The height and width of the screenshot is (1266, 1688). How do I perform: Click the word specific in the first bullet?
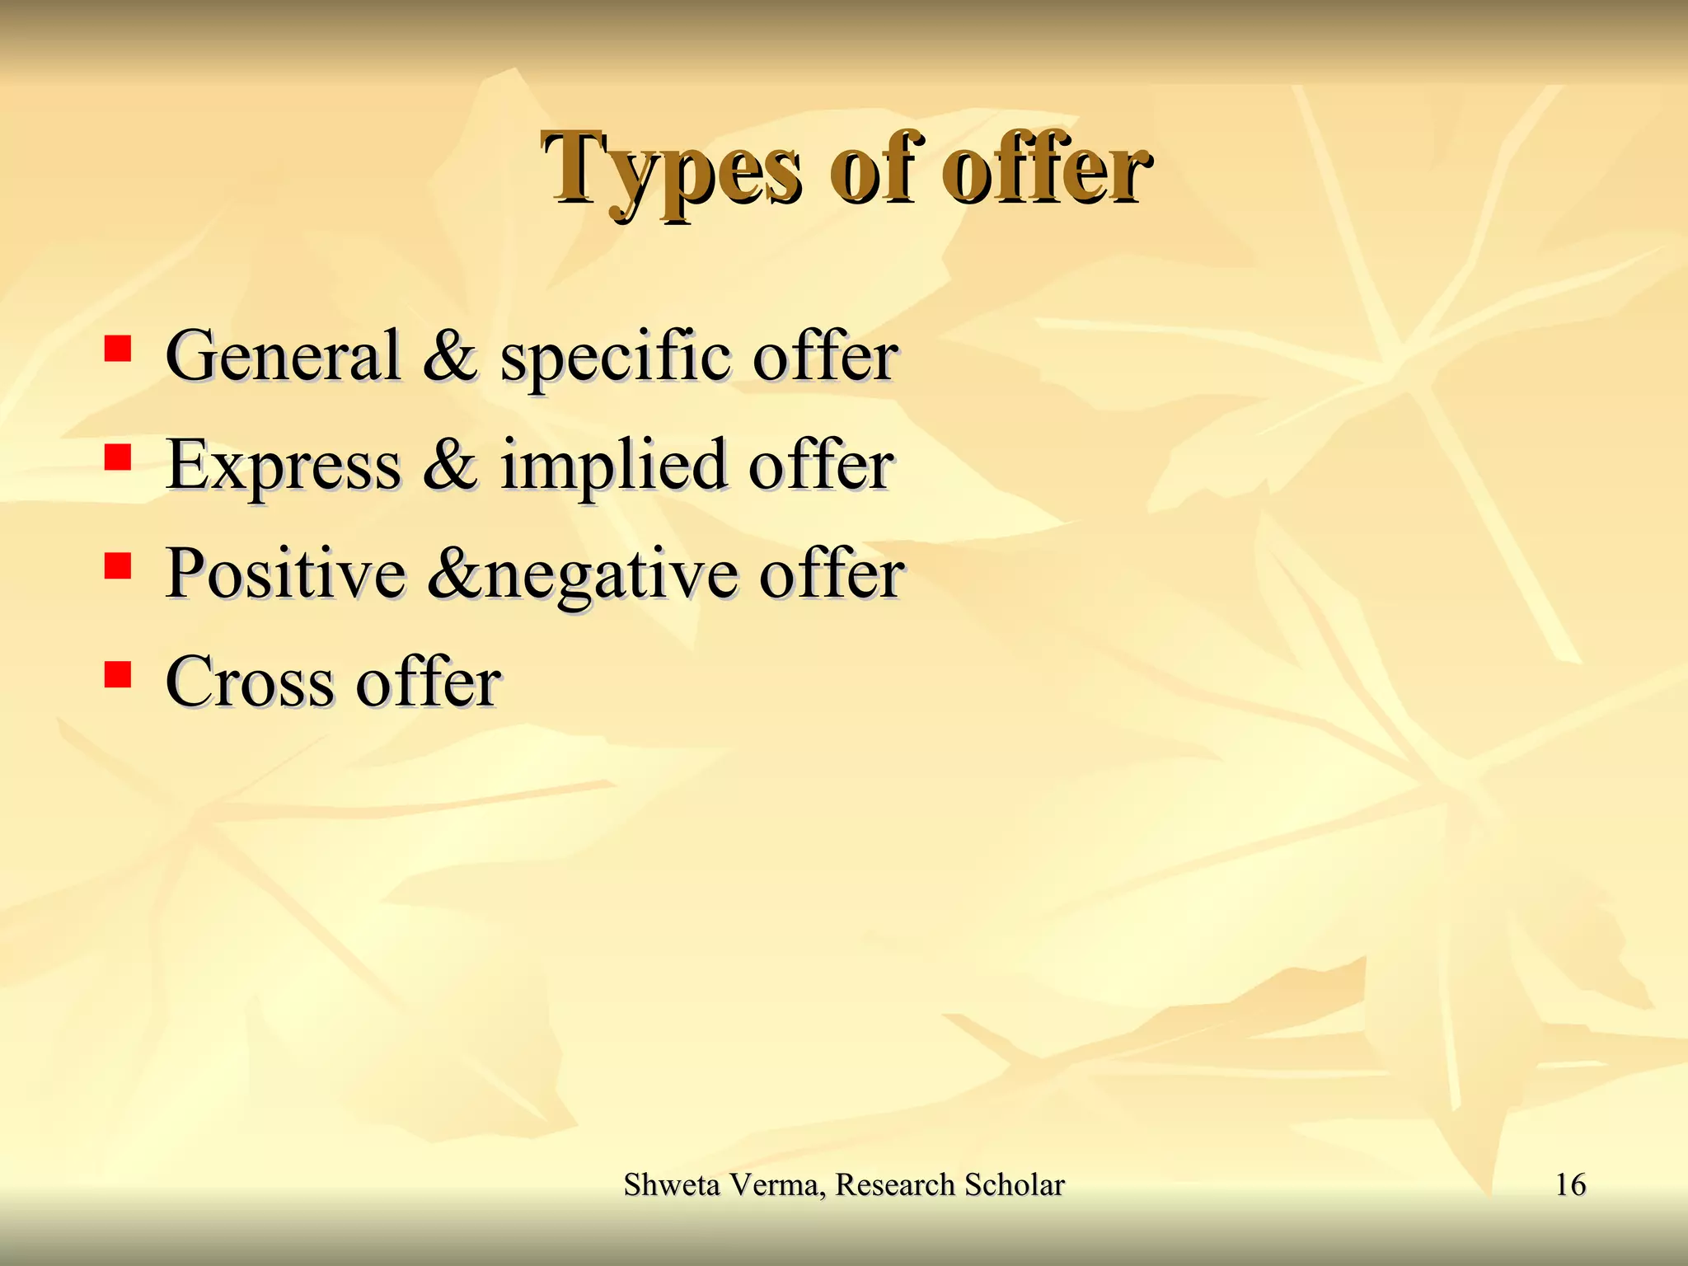[614, 357]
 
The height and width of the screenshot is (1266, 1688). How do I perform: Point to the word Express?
[283, 465]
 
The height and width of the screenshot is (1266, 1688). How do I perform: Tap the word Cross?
[249, 682]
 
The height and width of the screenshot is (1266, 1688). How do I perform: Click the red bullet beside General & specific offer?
[118, 349]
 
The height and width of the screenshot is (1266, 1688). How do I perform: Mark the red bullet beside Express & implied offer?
[118, 457]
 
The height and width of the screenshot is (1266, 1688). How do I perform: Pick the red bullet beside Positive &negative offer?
[118, 566]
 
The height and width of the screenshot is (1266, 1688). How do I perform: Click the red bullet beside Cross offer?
[118, 675]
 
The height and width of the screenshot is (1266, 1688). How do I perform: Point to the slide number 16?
[1570, 1184]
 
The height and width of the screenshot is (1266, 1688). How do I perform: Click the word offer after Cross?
[428, 682]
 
